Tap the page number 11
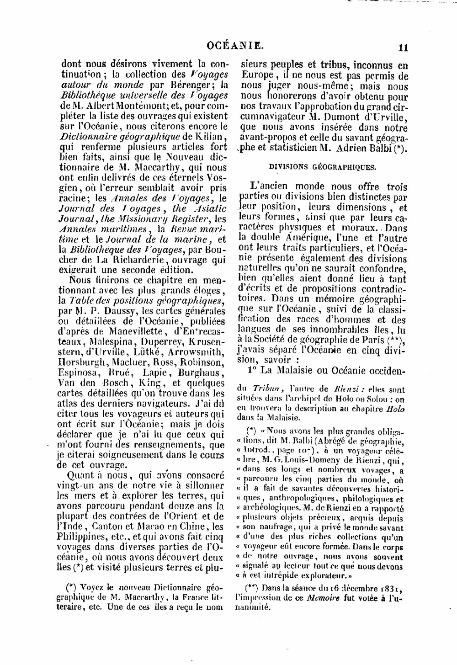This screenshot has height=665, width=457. coord(403,48)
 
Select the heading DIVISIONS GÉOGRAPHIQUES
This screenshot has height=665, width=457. coord(323,167)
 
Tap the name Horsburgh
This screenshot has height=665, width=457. coord(80,363)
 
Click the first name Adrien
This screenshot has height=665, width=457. coord(350,149)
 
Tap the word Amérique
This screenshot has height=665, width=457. coord(306,237)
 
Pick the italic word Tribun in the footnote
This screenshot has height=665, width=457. coord(265,389)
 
